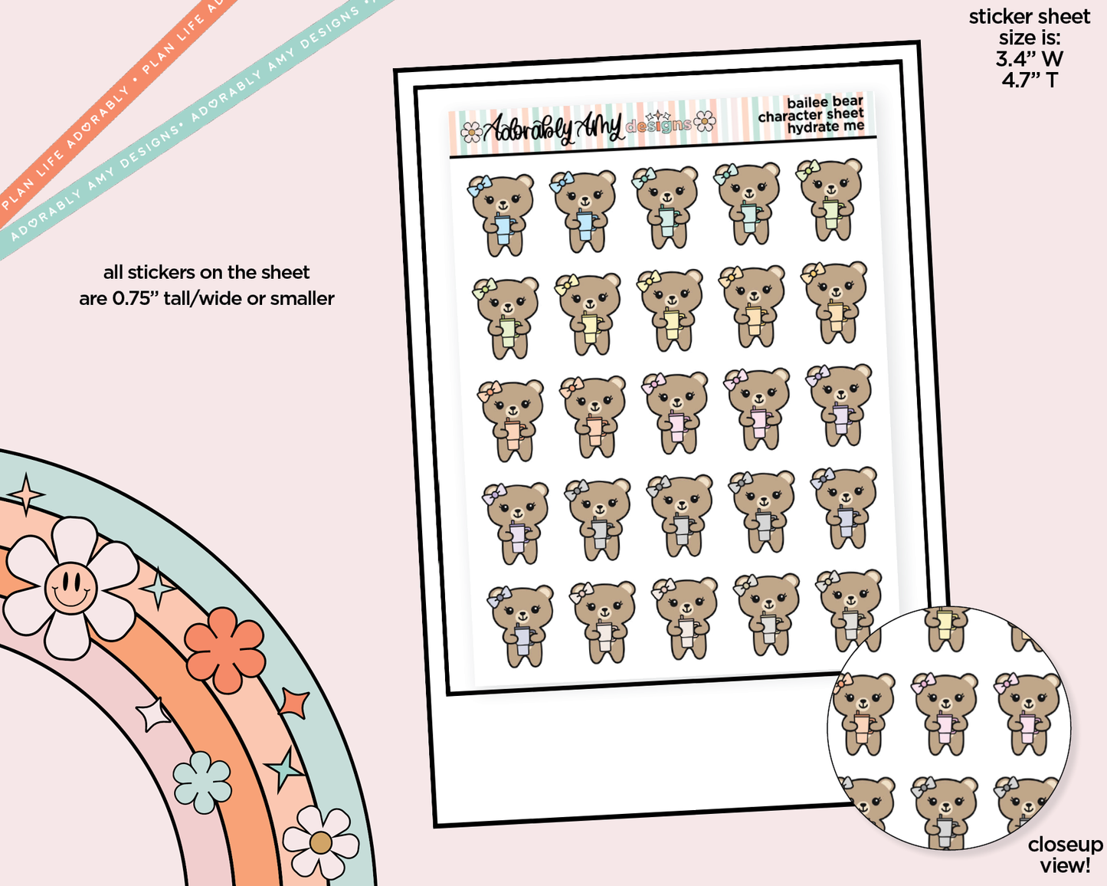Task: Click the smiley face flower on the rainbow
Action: [x=70, y=587]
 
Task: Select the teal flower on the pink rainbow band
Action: [x=202, y=782]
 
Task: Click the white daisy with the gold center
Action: [x=320, y=842]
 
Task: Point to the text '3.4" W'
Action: [x=1029, y=58]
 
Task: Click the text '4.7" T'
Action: [x=1029, y=80]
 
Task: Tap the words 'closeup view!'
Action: [x=1065, y=855]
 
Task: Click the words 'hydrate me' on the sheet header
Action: [x=825, y=127]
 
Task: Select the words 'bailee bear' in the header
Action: [x=824, y=103]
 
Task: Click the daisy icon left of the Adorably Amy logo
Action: [x=472, y=133]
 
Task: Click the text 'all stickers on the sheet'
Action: [x=206, y=273]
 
